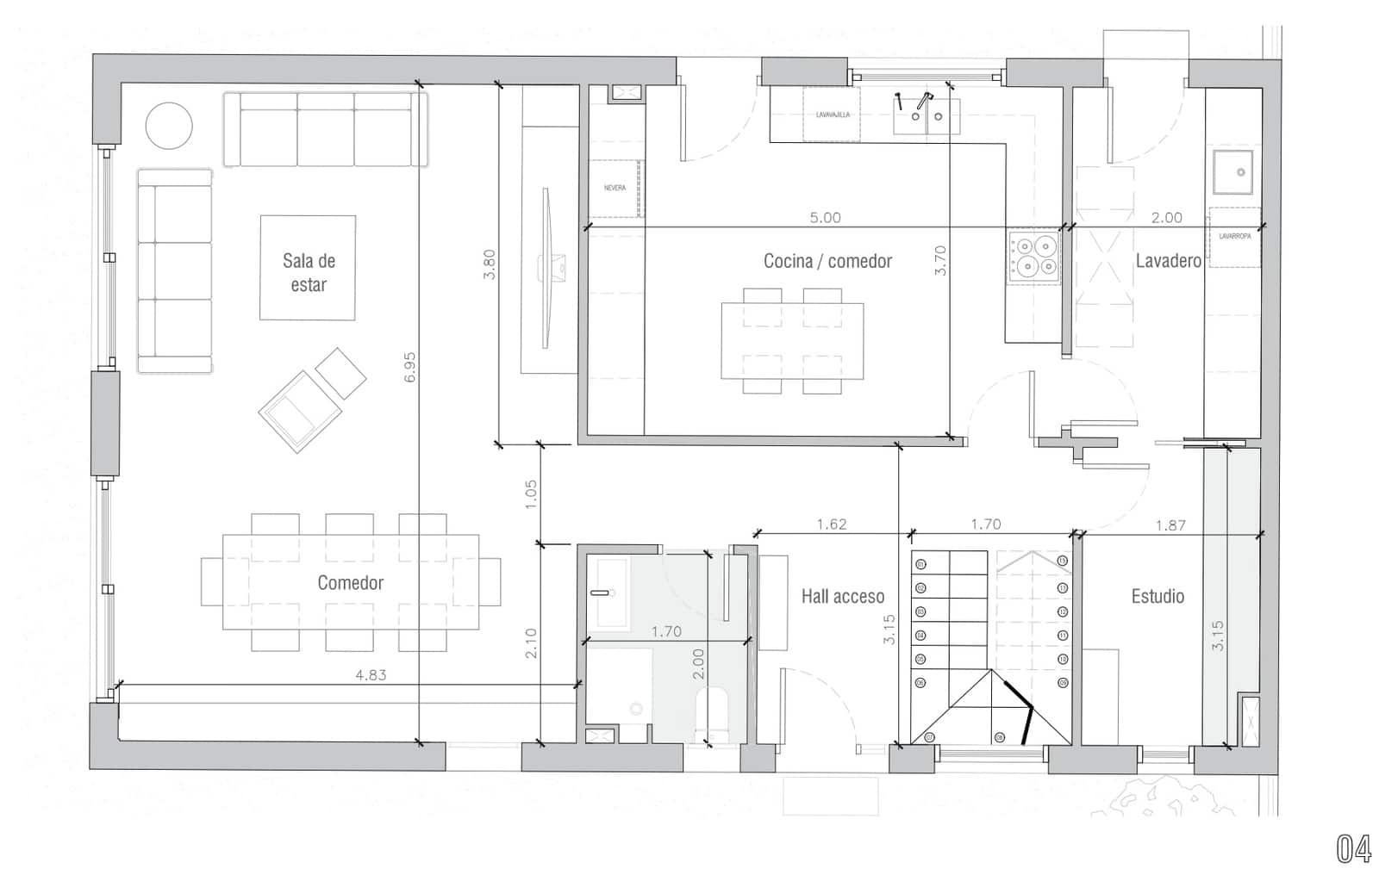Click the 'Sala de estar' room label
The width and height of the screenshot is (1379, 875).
coord(309,272)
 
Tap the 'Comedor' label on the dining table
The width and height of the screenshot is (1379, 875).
coord(350,583)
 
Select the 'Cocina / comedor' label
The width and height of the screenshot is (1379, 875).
coord(827,261)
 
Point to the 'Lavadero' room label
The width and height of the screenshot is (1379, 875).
coord(1168,261)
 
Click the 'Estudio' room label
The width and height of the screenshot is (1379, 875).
coord(1157,596)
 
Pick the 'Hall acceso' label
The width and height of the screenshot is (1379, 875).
coord(842,596)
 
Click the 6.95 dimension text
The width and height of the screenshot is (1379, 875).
coord(410,366)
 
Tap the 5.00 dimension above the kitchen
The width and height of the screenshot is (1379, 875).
coord(825,218)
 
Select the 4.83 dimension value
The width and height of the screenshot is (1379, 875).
coord(371,675)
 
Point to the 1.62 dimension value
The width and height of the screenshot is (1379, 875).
coord(831,524)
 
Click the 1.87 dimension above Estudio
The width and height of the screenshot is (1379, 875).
coord(1170,524)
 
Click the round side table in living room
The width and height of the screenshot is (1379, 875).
coord(169,127)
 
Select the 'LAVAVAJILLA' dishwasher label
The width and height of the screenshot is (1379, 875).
coord(833,115)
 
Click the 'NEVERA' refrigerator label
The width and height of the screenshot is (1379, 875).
coord(615,188)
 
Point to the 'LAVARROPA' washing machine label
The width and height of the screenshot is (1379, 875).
coord(1234,235)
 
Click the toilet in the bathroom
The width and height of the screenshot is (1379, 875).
coord(712,711)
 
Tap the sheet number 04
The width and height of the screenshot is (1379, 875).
coord(1353,849)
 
